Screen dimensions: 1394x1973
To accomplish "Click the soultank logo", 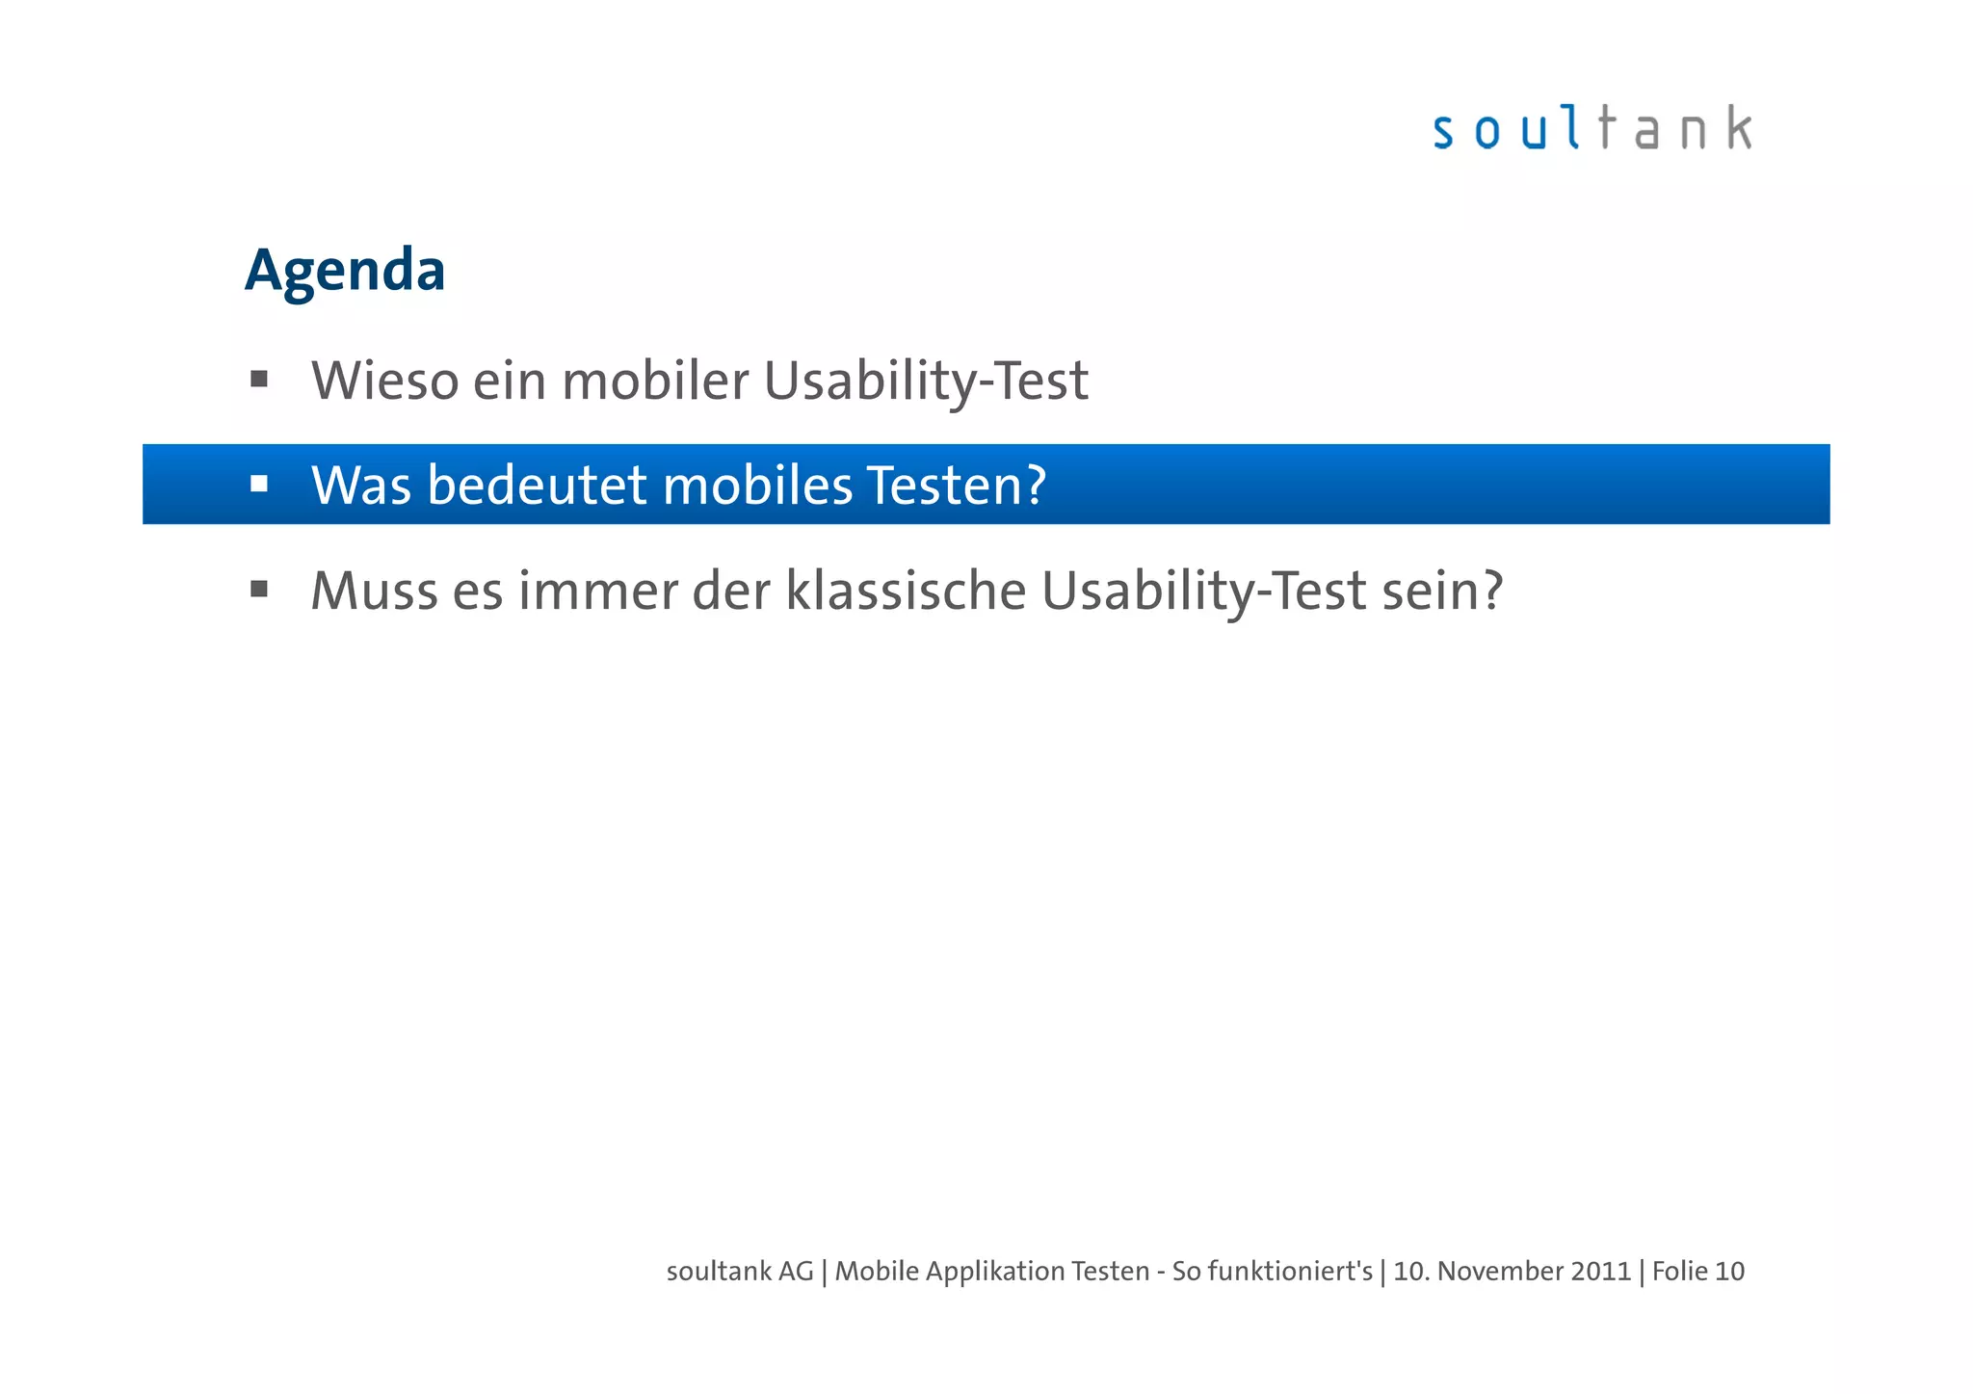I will pos(1592,129).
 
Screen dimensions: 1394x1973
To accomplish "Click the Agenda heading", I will pos(345,271).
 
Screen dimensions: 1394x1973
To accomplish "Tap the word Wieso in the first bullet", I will pos(384,381).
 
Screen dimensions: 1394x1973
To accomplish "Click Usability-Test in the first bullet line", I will pos(926,382).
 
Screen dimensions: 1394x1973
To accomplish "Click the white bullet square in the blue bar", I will pos(259,484).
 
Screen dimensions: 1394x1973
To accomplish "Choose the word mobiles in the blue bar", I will pos(757,485).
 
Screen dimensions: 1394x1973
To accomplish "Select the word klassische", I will pos(906,591).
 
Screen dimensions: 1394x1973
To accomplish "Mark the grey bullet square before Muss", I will pos(259,589).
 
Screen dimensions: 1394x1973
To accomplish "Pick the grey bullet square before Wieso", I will pos(259,379).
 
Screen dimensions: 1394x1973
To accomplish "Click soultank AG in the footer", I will pos(740,1272).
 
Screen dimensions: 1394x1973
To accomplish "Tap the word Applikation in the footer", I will pos(994,1272).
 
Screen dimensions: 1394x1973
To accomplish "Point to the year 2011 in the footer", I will pos(1600,1272).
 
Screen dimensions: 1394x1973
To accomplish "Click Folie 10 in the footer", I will pos(1697,1272).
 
